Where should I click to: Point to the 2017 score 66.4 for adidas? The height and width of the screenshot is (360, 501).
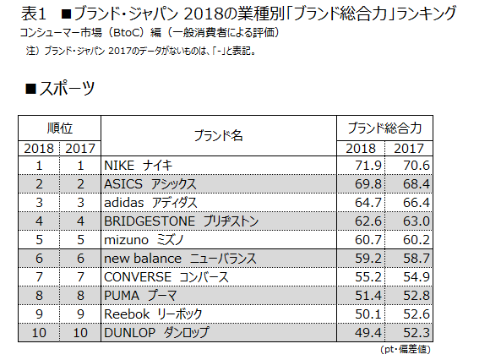click(418, 203)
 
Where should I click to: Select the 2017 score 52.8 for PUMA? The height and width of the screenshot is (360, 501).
click(418, 296)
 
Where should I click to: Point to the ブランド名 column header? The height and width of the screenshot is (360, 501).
click(218, 136)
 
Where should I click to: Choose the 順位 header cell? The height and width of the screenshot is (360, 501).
click(59, 128)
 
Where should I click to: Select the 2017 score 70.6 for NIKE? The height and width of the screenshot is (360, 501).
click(418, 166)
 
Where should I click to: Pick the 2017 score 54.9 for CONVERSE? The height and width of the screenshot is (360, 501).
click(418, 277)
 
